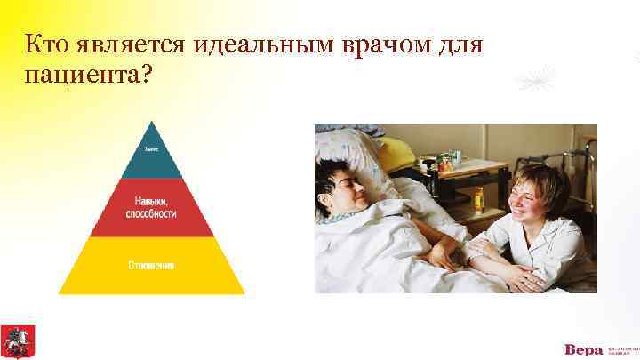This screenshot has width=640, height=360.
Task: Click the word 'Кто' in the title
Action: pos(46,44)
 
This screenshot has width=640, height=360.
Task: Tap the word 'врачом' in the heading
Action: pos(406,44)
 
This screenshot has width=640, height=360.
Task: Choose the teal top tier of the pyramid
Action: pos(152,151)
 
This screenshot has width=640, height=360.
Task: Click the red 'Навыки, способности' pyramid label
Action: pos(151,208)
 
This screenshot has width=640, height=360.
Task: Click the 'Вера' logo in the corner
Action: pos(582,348)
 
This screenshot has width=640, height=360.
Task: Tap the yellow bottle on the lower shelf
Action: pos(478,196)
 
